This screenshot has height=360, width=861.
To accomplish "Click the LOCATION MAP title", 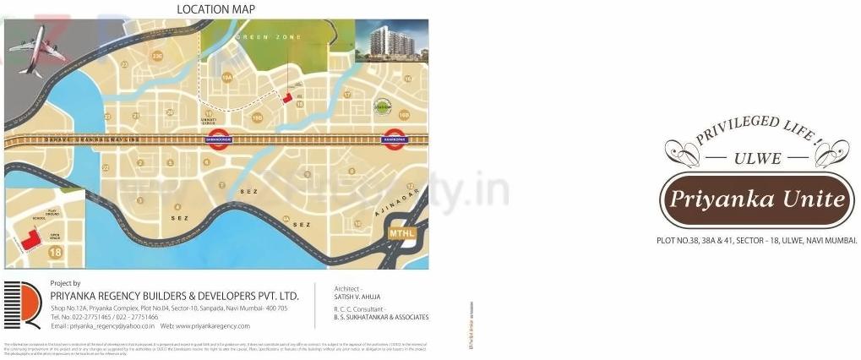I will click(x=215, y=9).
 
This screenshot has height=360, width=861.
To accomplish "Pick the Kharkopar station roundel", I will click(x=394, y=140).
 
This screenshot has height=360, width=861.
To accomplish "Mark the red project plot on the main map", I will click(x=286, y=99).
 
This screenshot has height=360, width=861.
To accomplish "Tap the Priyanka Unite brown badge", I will click(x=754, y=201).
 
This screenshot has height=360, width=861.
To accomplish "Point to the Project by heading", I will click(x=66, y=283).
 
